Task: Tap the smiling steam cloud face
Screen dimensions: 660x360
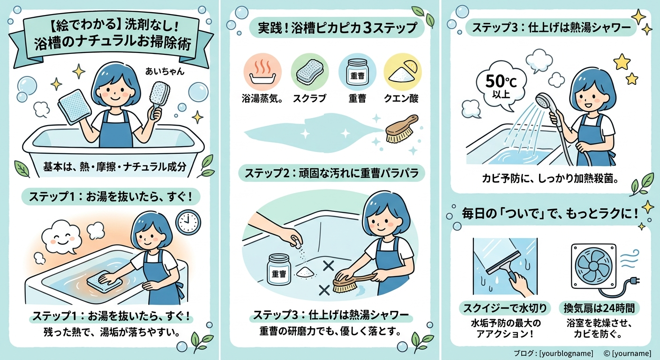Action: point(61,237)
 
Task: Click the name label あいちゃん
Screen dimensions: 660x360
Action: point(165,71)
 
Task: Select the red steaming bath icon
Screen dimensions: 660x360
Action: point(262,72)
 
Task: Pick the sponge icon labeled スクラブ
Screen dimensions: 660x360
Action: point(310,72)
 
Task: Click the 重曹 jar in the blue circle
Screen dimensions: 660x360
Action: point(357,73)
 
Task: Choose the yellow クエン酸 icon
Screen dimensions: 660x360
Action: point(403,72)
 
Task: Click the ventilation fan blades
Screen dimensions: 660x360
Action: point(593,266)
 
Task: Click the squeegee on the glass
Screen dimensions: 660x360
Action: point(504,266)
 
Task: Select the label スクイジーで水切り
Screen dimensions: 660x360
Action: point(505,308)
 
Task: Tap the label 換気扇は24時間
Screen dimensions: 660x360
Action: point(599,308)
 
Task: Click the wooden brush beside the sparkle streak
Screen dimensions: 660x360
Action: point(402,129)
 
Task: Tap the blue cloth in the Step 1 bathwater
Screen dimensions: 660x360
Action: point(105,281)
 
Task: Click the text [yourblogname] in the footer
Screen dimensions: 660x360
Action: point(566,353)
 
